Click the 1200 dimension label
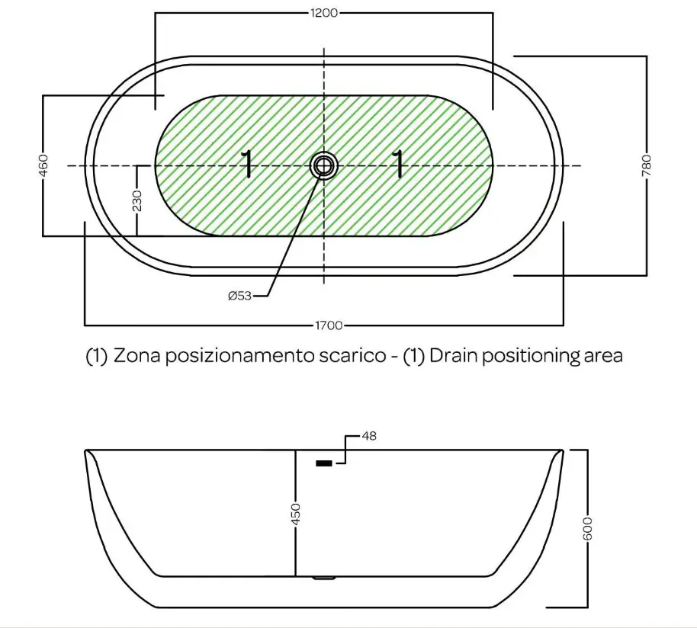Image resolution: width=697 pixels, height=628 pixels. click(x=324, y=13)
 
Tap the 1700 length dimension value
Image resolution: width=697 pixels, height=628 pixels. click(x=329, y=325)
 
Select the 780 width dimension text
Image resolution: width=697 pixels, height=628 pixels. click(x=647, y=165)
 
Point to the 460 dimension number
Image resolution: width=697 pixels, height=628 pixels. click(x=43, y=165)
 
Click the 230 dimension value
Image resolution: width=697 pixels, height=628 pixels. click(x=137, y=200)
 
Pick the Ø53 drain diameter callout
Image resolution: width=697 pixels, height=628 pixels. click(x=240, y=296)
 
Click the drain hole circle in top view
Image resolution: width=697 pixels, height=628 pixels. click(x=323, y=165)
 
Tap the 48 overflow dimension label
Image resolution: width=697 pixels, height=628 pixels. click(x=369, y=436)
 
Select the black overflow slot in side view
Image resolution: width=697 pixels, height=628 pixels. click(x=323, y=463)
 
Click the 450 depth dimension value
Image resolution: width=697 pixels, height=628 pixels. click(x=296, y=514)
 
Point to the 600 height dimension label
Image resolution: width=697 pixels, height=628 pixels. click(x=588, y=528)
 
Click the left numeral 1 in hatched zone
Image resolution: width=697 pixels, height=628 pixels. click(x=247, y=165)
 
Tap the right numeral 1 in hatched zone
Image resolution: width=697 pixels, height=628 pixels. click(x=398, y=165)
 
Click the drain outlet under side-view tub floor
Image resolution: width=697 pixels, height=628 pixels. click(x=323, y=578)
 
